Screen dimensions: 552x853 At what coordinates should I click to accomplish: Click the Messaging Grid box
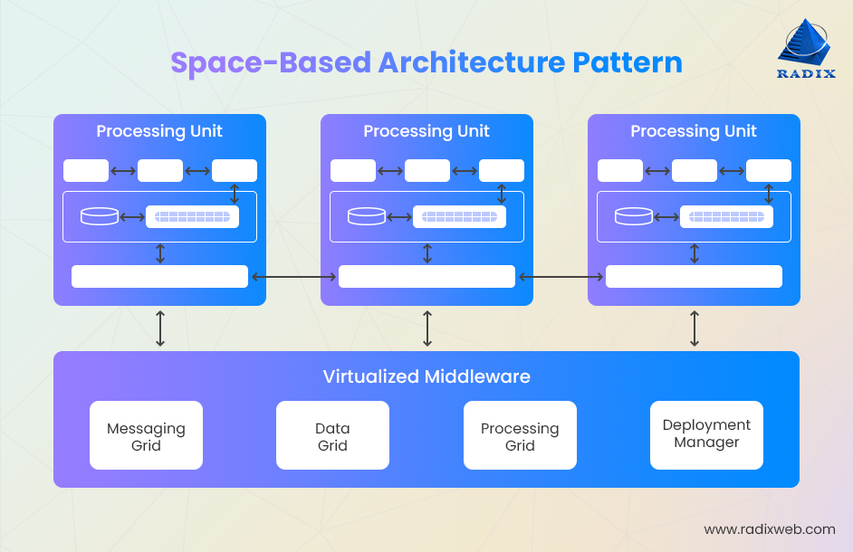point(146,436)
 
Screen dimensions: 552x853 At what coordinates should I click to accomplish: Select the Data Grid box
point(332,436)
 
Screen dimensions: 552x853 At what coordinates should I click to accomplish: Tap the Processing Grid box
point(520,436)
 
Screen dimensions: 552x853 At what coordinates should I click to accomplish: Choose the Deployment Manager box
point(706,434)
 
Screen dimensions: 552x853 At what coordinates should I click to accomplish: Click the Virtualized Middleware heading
point(426,376)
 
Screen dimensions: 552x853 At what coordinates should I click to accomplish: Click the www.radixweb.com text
point(769,529)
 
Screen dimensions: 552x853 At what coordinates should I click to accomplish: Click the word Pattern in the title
point(627,62)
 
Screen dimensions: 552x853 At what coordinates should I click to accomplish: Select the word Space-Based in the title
point(271,62)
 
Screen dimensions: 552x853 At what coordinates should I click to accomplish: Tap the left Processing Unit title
point(159,131)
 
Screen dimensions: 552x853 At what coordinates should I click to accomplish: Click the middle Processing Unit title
point(426,131)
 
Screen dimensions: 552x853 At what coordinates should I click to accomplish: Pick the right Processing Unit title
point(694,131)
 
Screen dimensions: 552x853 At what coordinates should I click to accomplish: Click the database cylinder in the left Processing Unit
point(100,216)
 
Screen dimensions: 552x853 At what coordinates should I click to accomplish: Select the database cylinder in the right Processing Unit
point(634,216)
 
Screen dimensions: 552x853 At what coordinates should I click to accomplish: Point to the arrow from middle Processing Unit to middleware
point(427,328)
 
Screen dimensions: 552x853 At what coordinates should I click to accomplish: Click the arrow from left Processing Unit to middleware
point(160,328)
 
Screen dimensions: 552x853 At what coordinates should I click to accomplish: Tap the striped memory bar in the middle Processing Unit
point(459,216)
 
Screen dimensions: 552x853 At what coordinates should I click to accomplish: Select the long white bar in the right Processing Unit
point(694,276)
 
